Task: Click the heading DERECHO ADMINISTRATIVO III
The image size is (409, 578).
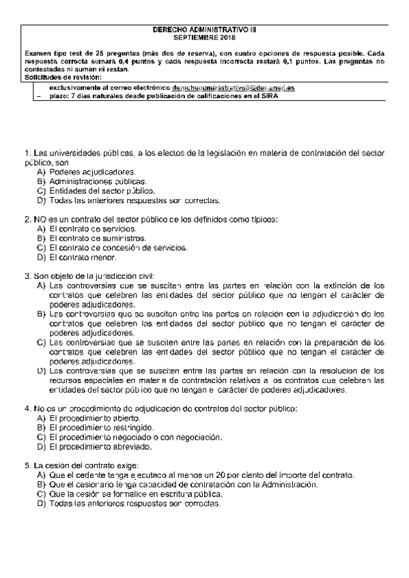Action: (x=204, y=31)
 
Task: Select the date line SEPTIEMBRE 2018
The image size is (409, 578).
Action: (x=204, y=39)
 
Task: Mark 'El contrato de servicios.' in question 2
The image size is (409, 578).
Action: (x=93, y=230)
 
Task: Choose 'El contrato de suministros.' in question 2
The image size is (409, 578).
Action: (x=98, y=239)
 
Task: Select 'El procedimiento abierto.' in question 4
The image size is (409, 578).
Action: (x=98, y=418)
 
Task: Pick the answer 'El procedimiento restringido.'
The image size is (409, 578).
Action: (x=104, y=427)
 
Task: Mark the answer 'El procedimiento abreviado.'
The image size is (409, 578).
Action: (x=102, y=446)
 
